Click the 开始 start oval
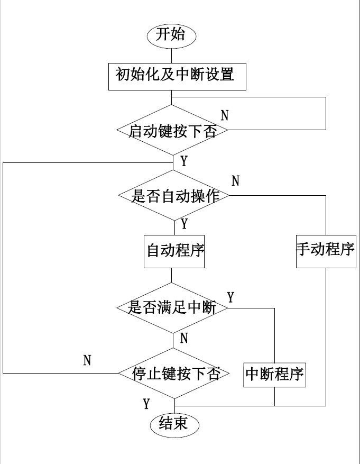(171, 35)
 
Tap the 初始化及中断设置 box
(174, 76)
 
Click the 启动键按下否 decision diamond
(172, 130)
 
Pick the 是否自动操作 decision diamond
(173, 196)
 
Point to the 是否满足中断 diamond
(172, 307)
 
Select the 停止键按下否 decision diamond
(174, 374)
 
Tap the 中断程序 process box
(275, 375)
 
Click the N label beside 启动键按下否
(225, 115)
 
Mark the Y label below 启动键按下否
(184, 161)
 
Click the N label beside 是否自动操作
(236, 181)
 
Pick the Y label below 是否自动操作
(184, 224)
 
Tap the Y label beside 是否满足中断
(230, 297)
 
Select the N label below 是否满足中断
(184, 339)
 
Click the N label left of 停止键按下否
(87, 361)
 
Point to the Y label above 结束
(146, 404)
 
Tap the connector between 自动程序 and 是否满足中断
(172, 276)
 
